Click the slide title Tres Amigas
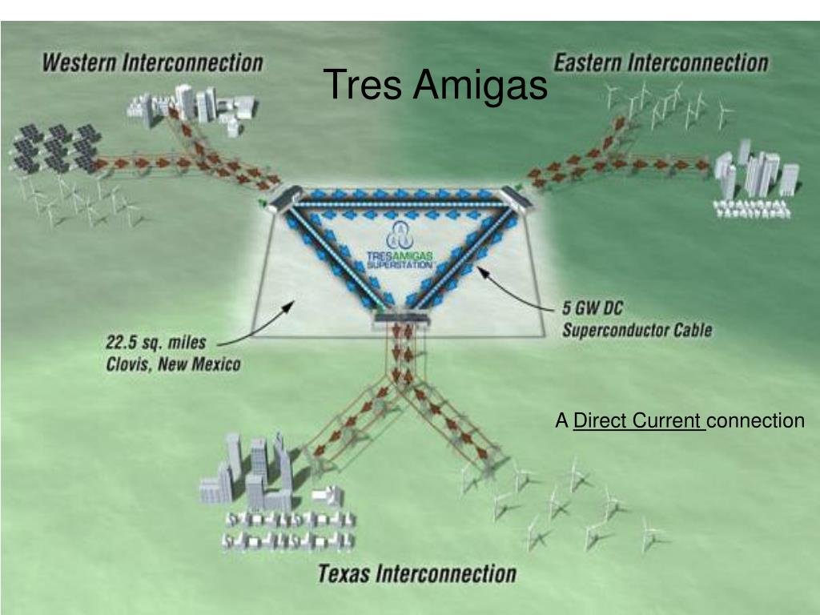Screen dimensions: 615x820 pyautogui.click(x=436, y=85)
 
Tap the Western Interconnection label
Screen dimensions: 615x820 pyautogui.click(x=152, y=63)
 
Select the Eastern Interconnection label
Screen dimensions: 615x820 pyautogui.click(x=660, y=63)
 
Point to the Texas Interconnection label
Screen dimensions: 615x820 pyautogui.click(x=417, y=573)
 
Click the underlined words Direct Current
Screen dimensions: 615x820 pyautogui.click(x=638, y=420)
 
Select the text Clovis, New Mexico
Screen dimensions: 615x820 pyautogui.click(x=173, y=364)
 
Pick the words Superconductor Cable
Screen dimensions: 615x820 pyautogui.click(x=637, y=329)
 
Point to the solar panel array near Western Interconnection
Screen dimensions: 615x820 pyautogui.click(x=54, y=148)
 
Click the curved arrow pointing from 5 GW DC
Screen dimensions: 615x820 pyautogui.click(x=512, y=288)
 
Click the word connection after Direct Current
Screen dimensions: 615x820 pyautogui.click(x=756, y=420)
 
